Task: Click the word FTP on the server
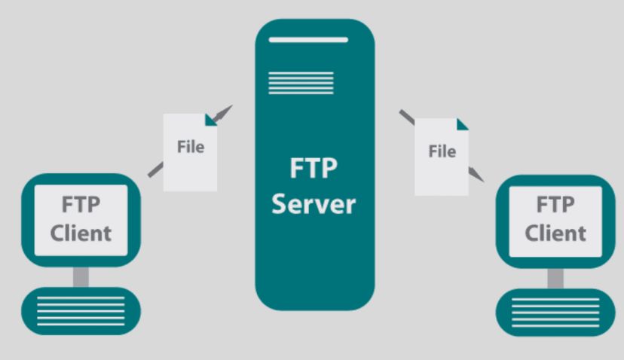tap(314, 168)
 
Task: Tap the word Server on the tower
tap(314, 204)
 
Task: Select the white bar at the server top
tap(308, 40)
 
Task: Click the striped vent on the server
tap(301, 83)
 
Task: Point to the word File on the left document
tap(191, 147)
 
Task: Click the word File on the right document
tap(442, 151)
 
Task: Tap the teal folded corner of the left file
tap(211, 120)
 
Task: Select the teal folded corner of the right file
tap(463, 124)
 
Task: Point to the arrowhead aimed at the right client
tap(476, 175)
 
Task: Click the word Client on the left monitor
tap(81, 233)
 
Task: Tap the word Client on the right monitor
tap(555, 233)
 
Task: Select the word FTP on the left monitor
tap(81, 204)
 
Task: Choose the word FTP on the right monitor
tap(555, 204)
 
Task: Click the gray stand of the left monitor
tap(81, 277)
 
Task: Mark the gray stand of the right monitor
tap(555, 279)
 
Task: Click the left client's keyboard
tap(81, 311)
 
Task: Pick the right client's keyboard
tap(555, 313)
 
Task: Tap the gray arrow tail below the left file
tap(155, 169)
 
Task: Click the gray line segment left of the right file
tap(407, 117)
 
